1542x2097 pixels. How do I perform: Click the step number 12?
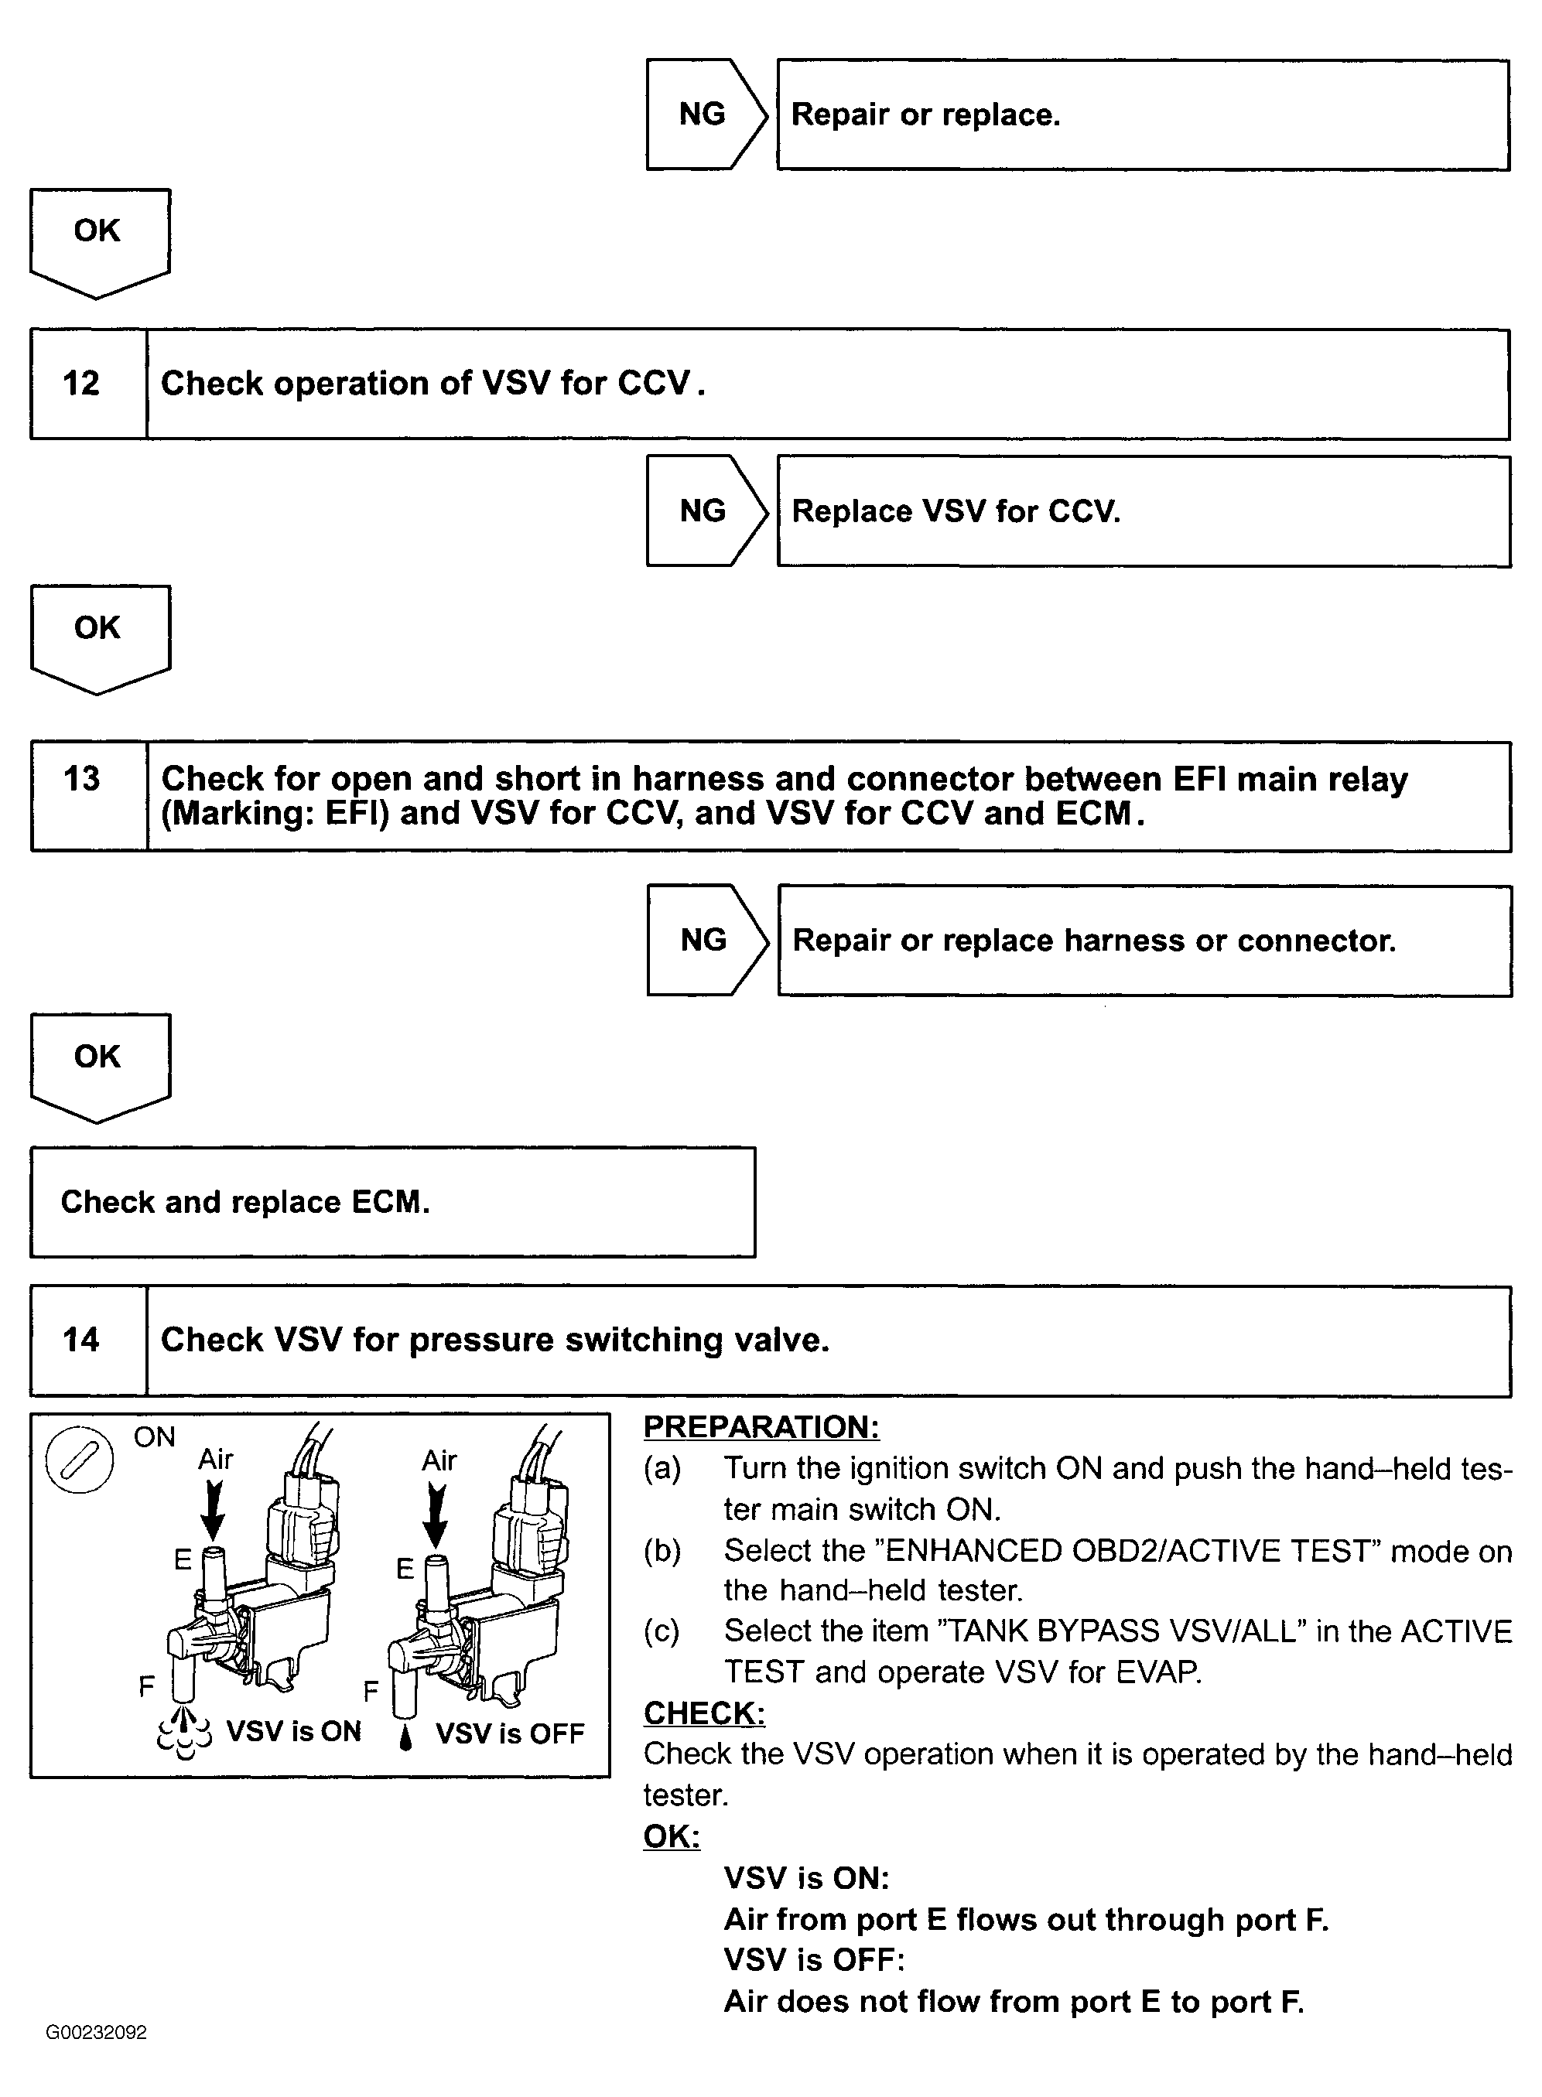click(81, 384)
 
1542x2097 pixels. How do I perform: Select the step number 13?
click(81, 778)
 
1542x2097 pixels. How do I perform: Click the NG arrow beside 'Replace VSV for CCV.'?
click(705, 511)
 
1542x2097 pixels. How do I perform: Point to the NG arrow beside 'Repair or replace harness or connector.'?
click(705, 940)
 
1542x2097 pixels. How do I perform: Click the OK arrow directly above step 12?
click(98, 240)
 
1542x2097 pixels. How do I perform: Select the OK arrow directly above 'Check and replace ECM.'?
click(98, 1065)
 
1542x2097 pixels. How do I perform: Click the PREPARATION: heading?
click(761, 1427)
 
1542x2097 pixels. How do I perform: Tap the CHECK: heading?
click(704, 1713)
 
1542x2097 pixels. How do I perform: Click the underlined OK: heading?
click(671, 1836)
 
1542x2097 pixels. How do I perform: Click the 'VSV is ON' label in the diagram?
click(293, 1732)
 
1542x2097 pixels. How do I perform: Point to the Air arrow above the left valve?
click(214, 1510)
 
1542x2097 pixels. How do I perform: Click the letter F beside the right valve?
click(371, 1691)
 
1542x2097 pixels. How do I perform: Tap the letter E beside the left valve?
click(183, 1559)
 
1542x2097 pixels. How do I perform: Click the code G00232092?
click(96, 2033)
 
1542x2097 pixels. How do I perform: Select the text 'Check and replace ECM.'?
click(244, 1202)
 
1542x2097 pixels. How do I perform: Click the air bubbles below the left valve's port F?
click(185, 1731)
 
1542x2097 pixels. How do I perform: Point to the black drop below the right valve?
click(405, 1737)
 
